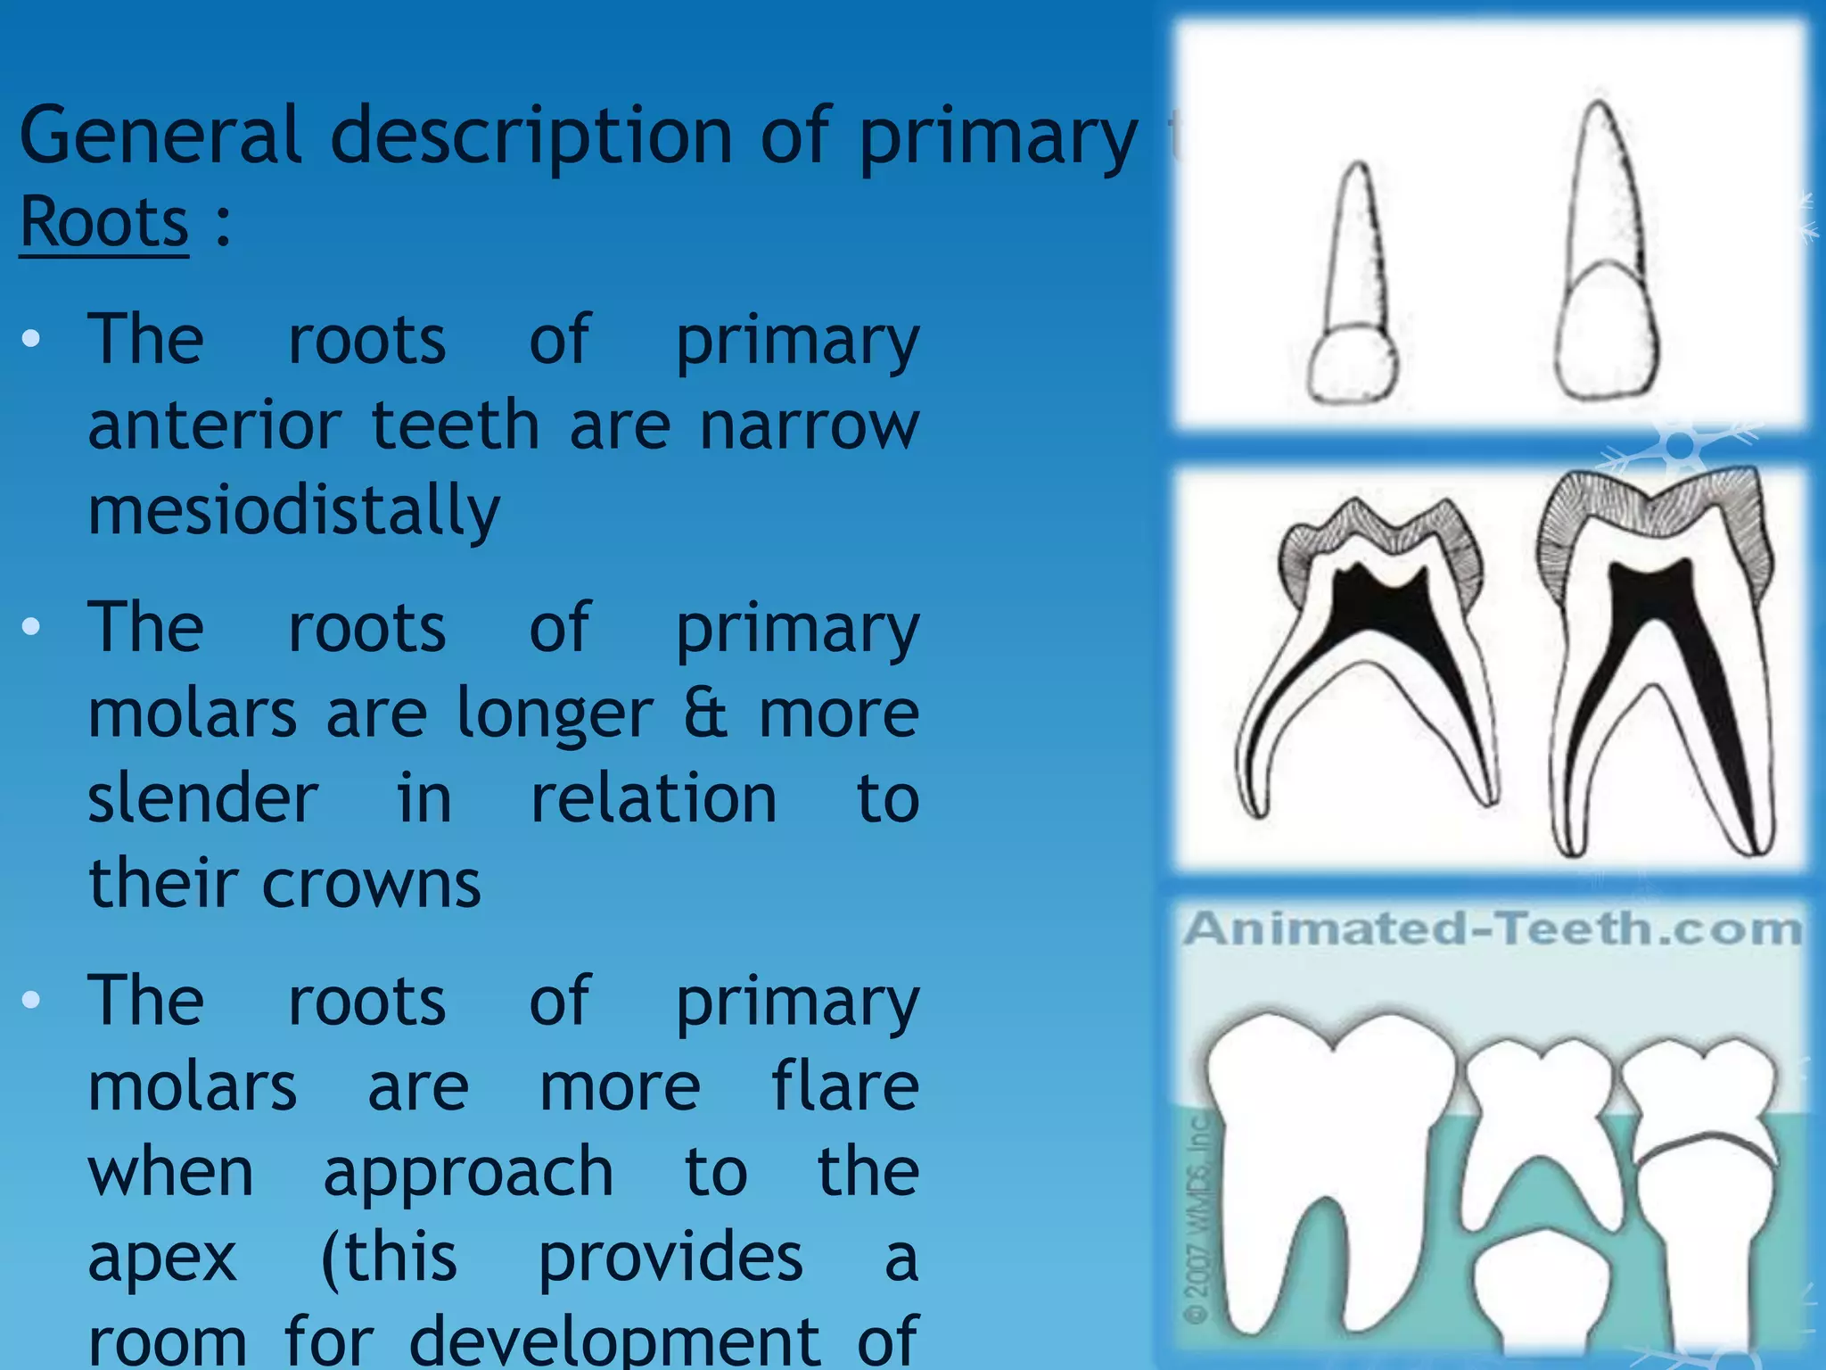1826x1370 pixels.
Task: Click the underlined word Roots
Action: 104,222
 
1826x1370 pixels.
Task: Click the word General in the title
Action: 160,136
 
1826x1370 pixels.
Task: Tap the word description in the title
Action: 531,136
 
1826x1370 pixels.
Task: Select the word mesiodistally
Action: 294,511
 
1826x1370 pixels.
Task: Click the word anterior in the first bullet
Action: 215,425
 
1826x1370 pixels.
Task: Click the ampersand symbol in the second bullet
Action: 705,714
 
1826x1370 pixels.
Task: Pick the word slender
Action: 203,798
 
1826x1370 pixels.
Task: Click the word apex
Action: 163,1258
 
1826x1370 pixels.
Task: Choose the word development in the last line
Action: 614,1341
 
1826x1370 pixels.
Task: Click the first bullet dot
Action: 32,339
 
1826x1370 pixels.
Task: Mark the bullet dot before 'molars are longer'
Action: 32,627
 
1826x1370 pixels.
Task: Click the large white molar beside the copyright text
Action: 1328,1160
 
